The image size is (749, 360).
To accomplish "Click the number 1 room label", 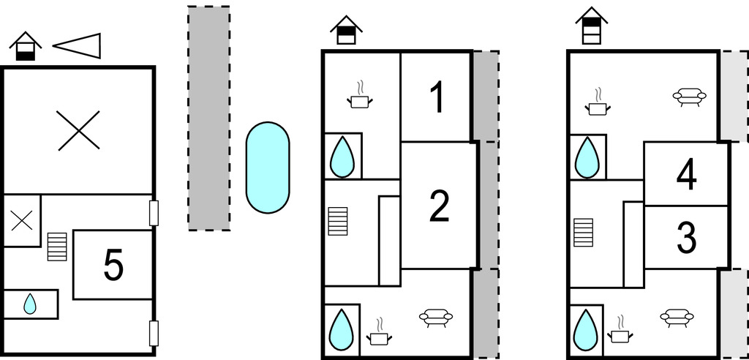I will point(437,98).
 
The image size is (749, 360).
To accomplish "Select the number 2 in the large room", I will point(439,207).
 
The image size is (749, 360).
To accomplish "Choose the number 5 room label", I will point(113,266).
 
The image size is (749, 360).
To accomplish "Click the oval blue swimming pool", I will point(267,168).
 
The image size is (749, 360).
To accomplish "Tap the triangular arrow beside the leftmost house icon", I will point(78,45).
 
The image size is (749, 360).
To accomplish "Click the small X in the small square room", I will point(22,220).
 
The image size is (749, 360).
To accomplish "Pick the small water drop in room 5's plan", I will point(29,304).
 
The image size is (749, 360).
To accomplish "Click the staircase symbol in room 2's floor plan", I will point(338,221).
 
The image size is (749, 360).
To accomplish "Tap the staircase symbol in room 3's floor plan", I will point(583,233).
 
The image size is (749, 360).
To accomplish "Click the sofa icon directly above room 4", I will point(688,97).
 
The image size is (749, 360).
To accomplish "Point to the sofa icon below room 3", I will point(677,317).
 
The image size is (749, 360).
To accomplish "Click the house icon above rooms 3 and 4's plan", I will point(591,26).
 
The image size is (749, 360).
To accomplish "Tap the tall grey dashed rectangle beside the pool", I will point(208,118).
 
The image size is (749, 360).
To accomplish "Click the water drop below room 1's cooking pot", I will point(341,157).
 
